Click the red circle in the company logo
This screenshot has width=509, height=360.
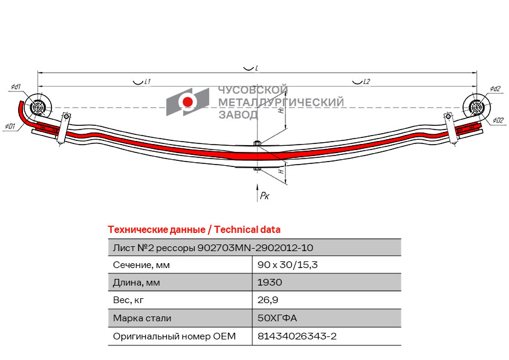pyautogui.click(x=187, y=102)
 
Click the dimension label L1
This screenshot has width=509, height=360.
pyautogui.click(x=148, y=82)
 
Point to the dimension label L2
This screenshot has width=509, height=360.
pyautogui.click(x=366, y=82)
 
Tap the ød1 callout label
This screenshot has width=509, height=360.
pyautogui.click(x=16, y=87)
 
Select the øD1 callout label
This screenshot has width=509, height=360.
pyautogui.click(x=10, y=126)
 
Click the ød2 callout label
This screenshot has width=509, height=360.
pyautogui.click(x=495, y=89)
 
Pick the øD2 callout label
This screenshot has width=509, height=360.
pyautogui.click(x=498, y=120)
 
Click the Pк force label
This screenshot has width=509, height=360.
pyautogui.click(x=265, y=195)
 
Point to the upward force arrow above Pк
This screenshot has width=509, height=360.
pyautogui.click(x=258, y=192)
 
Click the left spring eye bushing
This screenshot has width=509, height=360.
pyautogui.click(x=37, y=107)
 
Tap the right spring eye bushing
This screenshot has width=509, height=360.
pyautogui.click(x=476, y=106)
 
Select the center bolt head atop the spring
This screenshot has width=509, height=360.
pyautogui.click(x=258, y=143)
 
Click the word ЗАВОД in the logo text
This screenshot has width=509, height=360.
pyautogui.click(x=238, y=114)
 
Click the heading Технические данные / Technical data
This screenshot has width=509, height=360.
pyautogui.click(x=194, y=230)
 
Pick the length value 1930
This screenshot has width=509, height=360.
pyautogui.click(x=270, y=283)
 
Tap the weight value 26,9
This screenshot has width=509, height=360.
pyautogui.click(x=268, y=300)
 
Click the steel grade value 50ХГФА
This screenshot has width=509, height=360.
pyautogui.click(x=277, y=318)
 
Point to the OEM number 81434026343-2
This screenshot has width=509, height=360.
pyautogui.click(x=297, y=336)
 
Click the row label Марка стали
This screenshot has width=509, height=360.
pyautogui.click(x=142, y=318)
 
